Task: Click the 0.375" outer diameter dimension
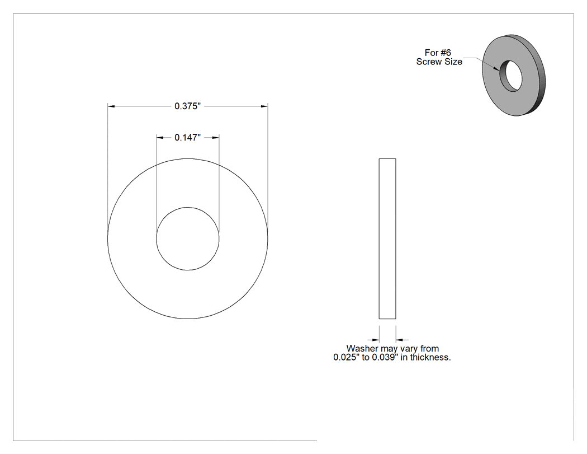click(x=187, y=106)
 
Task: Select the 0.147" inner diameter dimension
click(x=187, y=138)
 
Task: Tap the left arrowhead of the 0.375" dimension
click(x=111, y=106)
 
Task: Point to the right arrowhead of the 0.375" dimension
click(x=264, y=106)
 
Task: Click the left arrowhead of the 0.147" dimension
click(x=160, y=138)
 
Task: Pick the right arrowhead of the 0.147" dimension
click(x=216, y=138)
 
